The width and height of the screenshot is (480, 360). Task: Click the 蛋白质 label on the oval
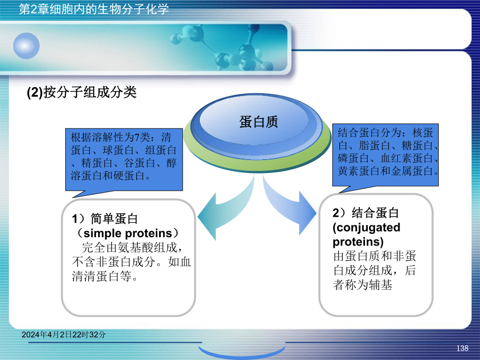pyautogui.click(x=258, y=122)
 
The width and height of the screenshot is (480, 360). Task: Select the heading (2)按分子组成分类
pyautogui.click(x=81, y=92)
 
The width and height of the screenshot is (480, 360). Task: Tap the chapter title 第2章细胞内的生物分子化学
pyautogui.click(x=94, y=9)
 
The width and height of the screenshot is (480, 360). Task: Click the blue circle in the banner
pyautogui.click(x=26, y=46)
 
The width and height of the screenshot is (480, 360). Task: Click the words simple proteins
pyautogui.click(x=128, y=233)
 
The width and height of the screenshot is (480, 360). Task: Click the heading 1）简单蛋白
pyautogui.click(x=105, y=219)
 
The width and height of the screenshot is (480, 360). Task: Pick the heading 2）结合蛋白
pyautogui.click(x=366, y=213)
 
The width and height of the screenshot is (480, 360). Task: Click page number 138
pyautogui.click(x=462, y=348)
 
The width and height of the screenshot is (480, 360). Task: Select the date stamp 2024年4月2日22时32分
pyautogui.click(x=64, y=334)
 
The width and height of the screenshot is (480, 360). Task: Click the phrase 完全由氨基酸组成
pyautogui.click(x=129, y=247)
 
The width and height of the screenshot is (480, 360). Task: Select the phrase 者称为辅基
pyautogui.click(x=362, y=285)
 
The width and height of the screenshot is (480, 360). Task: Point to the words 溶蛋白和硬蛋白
pyautogui.click(x=108, y=176)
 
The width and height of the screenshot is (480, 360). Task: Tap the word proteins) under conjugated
pyautogui.click(x=358, y=242)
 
